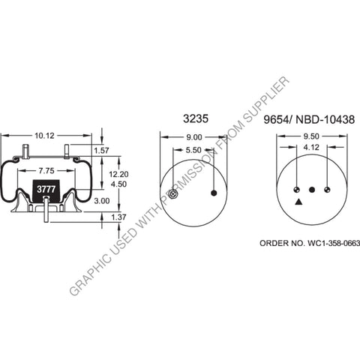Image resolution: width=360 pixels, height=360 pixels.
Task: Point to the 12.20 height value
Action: pos(109,172)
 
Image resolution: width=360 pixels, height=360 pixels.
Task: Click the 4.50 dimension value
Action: pos(109,183)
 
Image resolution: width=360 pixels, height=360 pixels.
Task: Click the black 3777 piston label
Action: pos(46,190)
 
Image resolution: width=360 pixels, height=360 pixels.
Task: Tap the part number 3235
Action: pos(193,118)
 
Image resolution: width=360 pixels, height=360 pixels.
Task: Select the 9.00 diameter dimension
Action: pos(193,136)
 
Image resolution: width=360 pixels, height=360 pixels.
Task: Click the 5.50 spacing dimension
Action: pos(193,150)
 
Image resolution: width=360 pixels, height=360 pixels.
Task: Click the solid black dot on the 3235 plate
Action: pos(214,193)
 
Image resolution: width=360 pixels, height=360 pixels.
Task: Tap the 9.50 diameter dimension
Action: pos(311,136)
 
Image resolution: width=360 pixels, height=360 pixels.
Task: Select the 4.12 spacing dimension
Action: pos(311,148)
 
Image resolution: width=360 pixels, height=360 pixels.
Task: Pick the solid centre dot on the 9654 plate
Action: pos(312,189)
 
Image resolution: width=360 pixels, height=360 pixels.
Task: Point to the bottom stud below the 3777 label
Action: pos(47,213)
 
